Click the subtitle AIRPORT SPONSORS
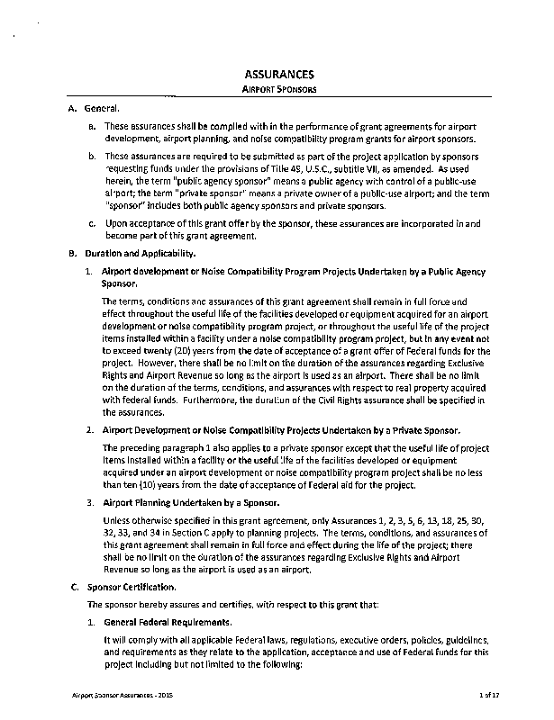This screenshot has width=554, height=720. pyautogui.click(x=279, y=92)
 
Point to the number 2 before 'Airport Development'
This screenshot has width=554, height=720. pyautogui.click(x=90, y=430)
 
